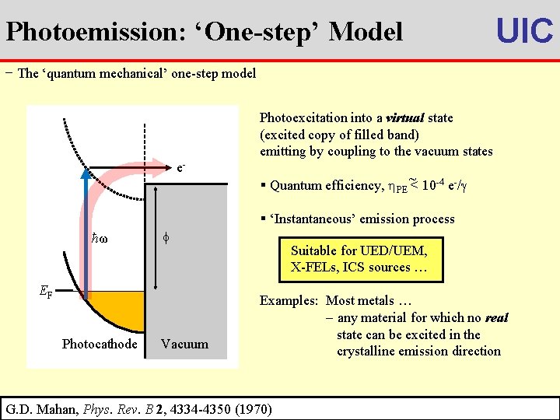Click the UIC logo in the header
524,30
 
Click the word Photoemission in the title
76,32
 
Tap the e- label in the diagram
181,167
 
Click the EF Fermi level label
46,292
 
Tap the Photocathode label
100,344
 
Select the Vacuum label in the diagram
184,344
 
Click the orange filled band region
117,305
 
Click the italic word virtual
404,118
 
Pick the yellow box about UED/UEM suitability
365,259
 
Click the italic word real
496,318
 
